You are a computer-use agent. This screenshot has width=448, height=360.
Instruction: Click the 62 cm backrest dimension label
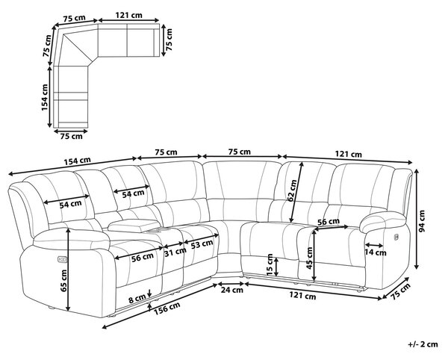pos(292,190)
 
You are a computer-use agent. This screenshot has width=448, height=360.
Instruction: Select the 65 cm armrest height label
pos(63,281)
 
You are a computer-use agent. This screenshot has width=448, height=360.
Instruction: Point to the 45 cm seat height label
pos(309,258)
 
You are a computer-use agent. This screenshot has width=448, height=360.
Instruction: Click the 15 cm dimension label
pos(269,264)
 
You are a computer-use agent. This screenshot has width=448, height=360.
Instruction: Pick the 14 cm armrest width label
pos(376,253)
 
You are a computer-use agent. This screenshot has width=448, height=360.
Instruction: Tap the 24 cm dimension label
pos(232,290)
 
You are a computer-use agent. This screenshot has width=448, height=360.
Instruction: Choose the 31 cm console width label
pos(175,252)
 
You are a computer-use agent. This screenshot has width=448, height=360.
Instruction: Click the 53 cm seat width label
pos(202,244)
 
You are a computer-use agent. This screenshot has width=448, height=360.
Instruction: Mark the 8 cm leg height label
pos(137,300)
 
